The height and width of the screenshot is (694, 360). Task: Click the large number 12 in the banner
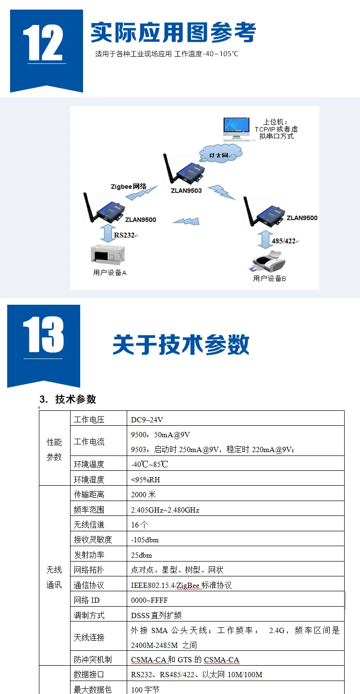pyautogui.click(x=43, y=42)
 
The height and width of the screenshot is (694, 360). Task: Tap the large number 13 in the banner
pyautogui.click(x=43, y=335)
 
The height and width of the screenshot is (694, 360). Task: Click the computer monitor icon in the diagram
pyautogui.click(x=237, y=129)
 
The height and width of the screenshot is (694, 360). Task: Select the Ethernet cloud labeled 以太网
pyautogui.click(x=220, y=154)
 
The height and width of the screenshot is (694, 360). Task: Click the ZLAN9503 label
pyautogui.click(x=186, y=191)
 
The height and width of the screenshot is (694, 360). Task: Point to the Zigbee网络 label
pyautogui.click(x=129, y=187)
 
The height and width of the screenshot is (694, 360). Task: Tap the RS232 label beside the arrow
pyautogui.click(x=124, y=235)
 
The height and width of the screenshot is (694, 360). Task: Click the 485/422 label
pyautogui.click(x=284, y=241)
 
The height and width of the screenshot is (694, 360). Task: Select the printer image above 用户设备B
pyautogui.click(x=269, y=261)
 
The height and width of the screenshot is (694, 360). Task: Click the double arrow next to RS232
pyautogui.click(x=107, y=233)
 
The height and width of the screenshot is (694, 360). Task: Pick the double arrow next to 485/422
pyautogui.click(x=265, y=239)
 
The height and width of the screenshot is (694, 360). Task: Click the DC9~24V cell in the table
pyautogui.click(x=147, y=420)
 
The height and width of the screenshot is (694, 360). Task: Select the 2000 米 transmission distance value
pyautogui.click(x=143, y=494)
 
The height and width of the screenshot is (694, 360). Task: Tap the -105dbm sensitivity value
pyautogui.click(x=144, y=540)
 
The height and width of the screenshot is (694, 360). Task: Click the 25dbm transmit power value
pyautogui.click(x=141, y=555)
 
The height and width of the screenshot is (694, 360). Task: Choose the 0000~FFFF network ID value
pyautogui.click(x=149, y=600)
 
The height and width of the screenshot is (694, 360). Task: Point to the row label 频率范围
pyautogui.click(x=89, y=510)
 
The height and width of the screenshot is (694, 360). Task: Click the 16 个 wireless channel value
pyautogui.click(x=139, y=525)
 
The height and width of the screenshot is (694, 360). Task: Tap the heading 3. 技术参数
pyautogui.click(x=68, y=399)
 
